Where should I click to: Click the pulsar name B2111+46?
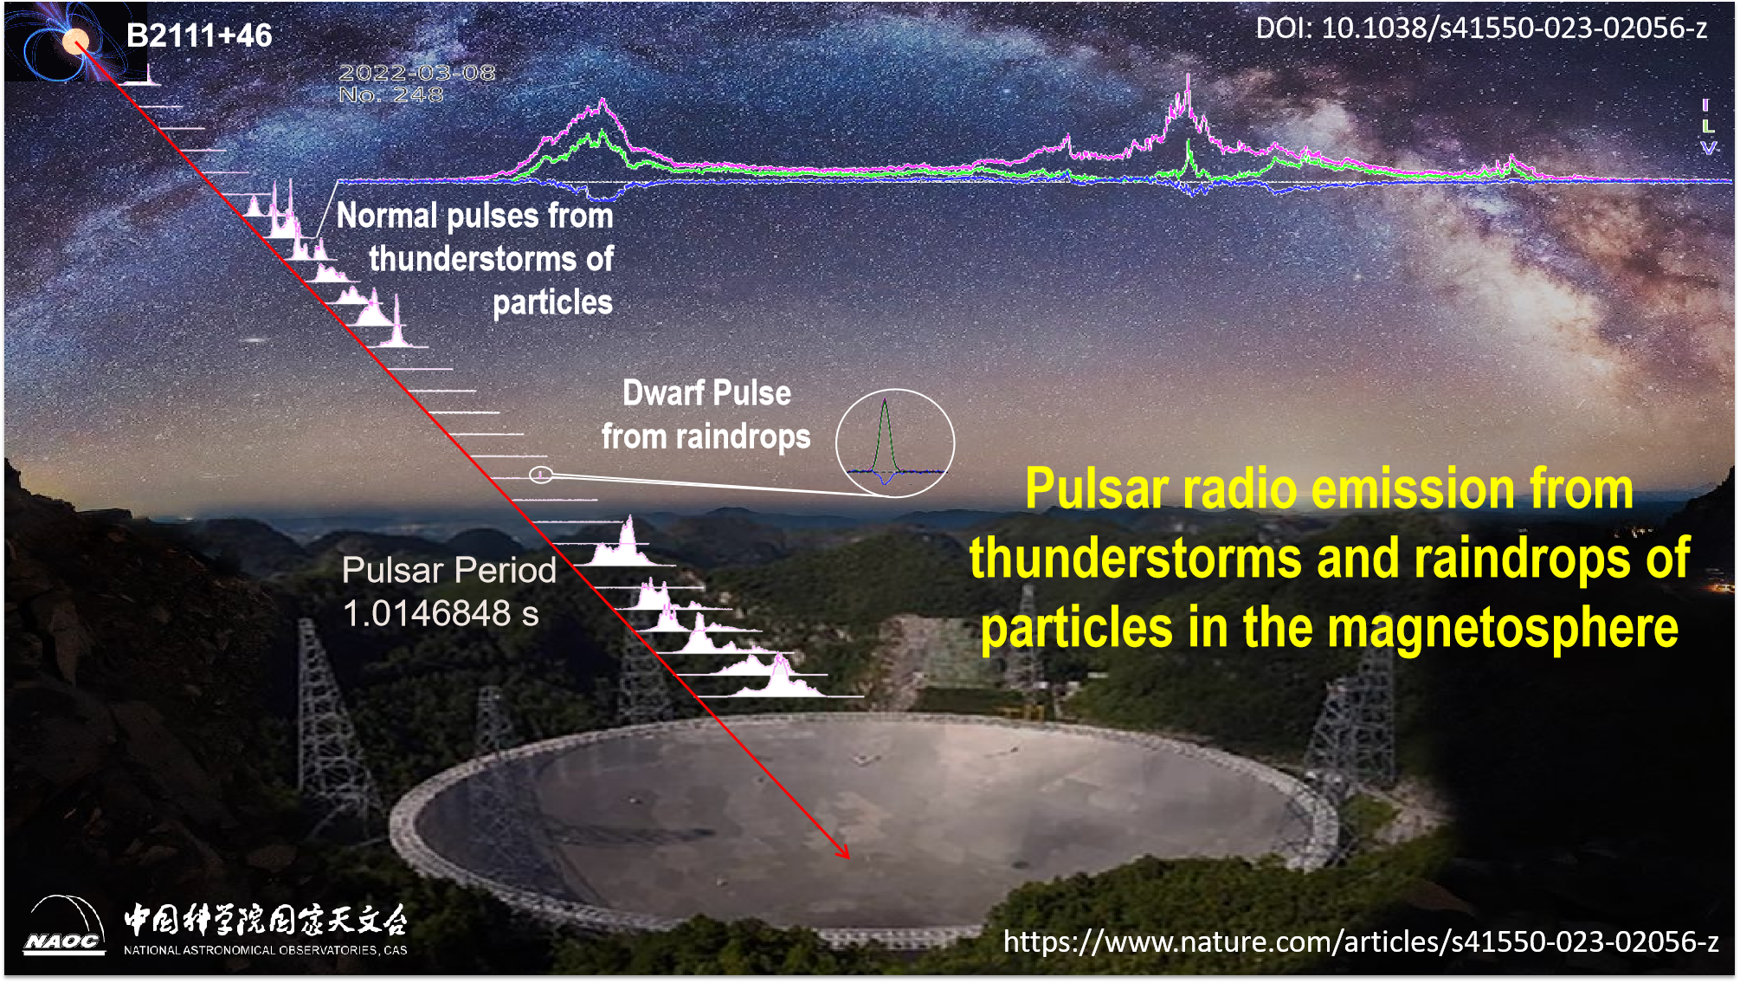[199, 36]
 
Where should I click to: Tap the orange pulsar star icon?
[76, 40]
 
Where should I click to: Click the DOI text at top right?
[1480, 29]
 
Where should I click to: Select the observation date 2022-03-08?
[416, 73]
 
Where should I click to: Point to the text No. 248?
[390, 94]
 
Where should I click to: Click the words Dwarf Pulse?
[706, 393]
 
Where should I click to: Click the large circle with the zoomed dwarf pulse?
[894, 443]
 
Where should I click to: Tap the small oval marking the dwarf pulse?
[540, 474]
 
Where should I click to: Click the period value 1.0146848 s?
[441, 613]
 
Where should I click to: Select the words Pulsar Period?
[448, 570]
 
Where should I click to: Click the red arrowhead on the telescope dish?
[843, 852]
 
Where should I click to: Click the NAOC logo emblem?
[64, 927]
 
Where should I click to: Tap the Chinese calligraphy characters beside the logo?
[265, 919]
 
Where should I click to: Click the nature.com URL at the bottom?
[1360, 941]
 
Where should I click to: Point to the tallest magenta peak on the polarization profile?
[1188, 80]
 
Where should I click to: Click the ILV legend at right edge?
[1707, 126]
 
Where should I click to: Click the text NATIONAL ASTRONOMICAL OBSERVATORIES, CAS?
[265, 950]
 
